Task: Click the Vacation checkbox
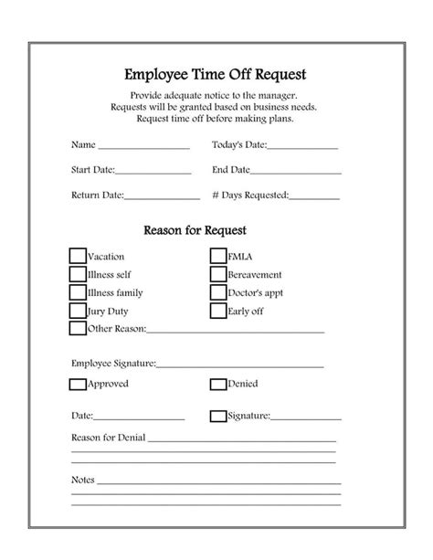click(x=78, y=256)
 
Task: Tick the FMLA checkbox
click(x=218, y=256)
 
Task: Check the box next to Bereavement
click(x=218, y=274)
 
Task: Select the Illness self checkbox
click(x=78, y=274)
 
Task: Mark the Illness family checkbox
click(x=78, y=292)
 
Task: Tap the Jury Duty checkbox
click(x=78, y=311)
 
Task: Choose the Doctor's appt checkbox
click(x=218, y=292)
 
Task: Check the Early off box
click(x=218, y=311)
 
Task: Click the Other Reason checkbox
click(x=78, y=329)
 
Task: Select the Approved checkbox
click(x=78, y=384)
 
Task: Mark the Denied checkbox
click(x=218, y=384)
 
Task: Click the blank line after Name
click(x=143, y=147)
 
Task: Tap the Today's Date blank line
click(x=302, y=147)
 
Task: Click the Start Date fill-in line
click(x=153, y=172)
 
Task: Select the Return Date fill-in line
click(x=162, y=196)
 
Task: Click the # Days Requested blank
click(x=315, y=196)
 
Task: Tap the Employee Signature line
click(x=240, y=365)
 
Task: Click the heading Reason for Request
click(x=195, y=230)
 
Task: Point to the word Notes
click(x=82, y=479)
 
